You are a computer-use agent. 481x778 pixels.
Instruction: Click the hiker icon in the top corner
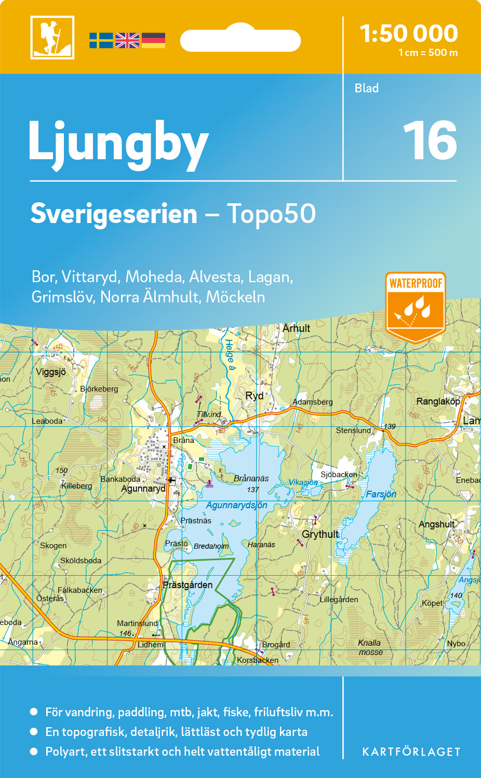[52, 37]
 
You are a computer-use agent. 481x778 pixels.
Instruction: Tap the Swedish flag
[101, 40]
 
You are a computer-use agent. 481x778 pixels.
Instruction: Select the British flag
[127, 40]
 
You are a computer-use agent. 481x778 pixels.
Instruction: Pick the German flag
[153, 40]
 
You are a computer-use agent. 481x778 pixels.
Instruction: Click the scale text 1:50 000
[409, 34]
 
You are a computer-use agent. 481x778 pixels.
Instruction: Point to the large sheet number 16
[430, 141]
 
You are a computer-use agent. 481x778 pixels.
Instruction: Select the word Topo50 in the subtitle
[271, 214]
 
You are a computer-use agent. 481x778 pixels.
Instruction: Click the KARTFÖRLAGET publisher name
[411, 752]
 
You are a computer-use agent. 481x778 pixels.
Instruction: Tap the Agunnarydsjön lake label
[236, 505]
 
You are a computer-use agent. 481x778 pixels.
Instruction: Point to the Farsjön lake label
[381, 494]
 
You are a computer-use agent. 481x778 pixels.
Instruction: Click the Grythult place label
[320, 534]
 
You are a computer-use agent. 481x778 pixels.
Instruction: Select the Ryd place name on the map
[254, 396]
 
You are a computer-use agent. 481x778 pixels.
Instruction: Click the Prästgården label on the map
[188, 585]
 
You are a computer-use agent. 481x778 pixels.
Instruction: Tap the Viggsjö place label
[51, 372]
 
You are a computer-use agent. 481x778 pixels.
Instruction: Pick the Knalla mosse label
[370, 647]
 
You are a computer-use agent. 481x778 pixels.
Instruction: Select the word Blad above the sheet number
[366, 88]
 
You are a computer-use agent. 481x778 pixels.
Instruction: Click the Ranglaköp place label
[438, 401]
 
